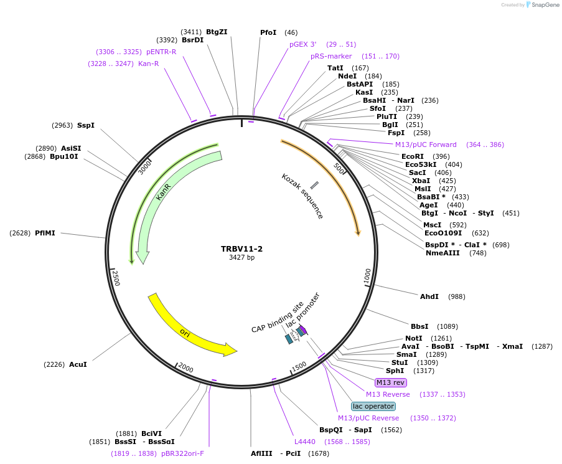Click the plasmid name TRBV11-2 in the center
(x=241, y=249)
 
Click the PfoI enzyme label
(x=268, y=32)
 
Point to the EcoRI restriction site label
(x=412, y=156)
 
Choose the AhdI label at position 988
(x=429, y=296)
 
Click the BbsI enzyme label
(x=419, y=326)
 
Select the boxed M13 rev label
(x=390, y=382)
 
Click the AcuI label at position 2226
(x=78, y=364)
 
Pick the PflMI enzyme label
(x=45, y=233)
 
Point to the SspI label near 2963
(x=86, y=125)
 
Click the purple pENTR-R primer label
(x=161, y=52)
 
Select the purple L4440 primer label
(x=306, y=442)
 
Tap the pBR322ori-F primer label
(x=182, y=453)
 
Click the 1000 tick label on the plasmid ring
(x=367, y=276)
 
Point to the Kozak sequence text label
(x=302, y=196)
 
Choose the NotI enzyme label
(x=414, y=338)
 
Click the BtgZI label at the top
(x=217, y=32)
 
